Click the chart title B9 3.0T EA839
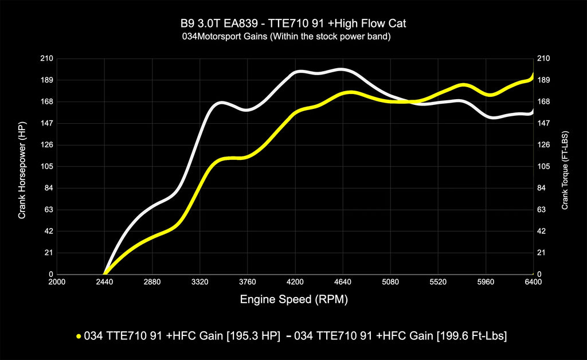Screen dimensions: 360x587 tap(293, 24)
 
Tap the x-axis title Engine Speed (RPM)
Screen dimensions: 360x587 tap(293, 299)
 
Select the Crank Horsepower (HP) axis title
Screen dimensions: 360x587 tap(22, 166)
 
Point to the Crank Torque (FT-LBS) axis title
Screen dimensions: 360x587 tap(565, 166)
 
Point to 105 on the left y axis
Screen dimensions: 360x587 tap(47, 167)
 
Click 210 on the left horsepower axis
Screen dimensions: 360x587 tap(47, 58)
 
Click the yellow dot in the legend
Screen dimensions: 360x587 tap(78, 335)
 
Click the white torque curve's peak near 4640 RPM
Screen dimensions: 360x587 tap(342, 69)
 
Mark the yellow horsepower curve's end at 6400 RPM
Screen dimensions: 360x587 tap(533, 75)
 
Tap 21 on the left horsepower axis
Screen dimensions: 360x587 tap(49, 253)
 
